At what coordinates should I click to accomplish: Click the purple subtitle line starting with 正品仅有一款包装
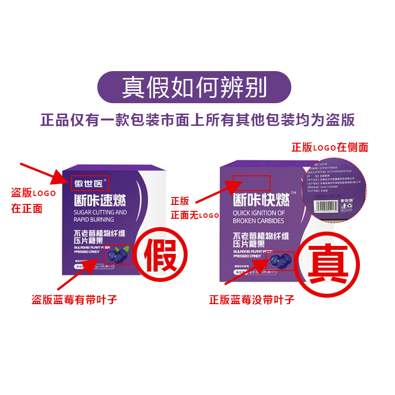pos(197,120)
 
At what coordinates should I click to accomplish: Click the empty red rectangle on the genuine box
pos(251,183)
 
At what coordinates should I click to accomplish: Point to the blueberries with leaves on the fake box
pos(118,255)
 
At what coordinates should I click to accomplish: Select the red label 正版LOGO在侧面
pos(330,147)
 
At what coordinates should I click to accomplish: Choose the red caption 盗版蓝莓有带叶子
pos(75,300)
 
